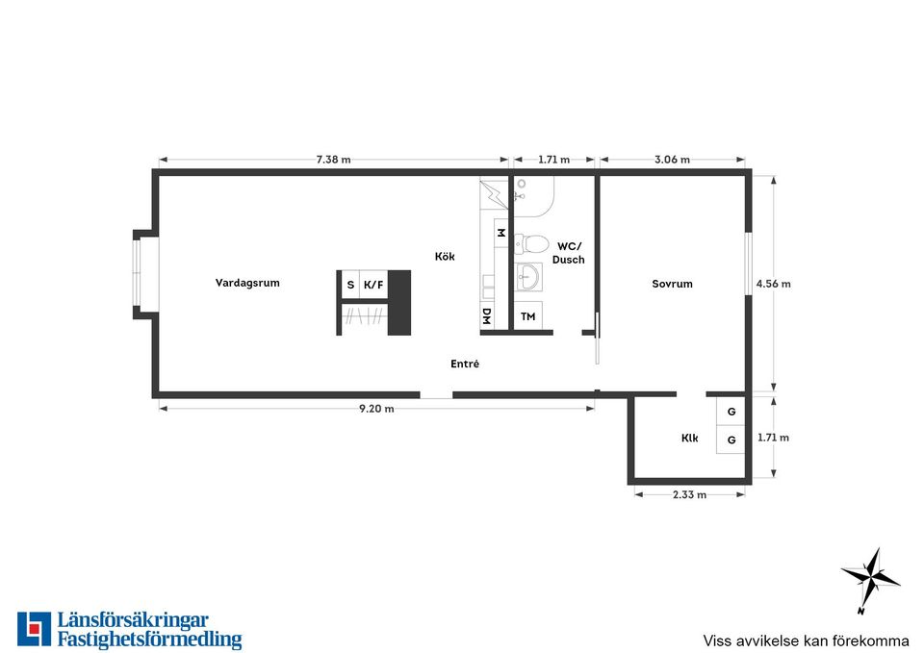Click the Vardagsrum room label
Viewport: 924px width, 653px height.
pyautogui.click(x=247, y=283)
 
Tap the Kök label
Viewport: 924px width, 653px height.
pyautogui.click(x=445, y=256)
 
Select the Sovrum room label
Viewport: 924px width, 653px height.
pyautogui.click(x=673, y=283)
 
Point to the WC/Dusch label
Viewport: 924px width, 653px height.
pyautogui.click(x=569, y=253)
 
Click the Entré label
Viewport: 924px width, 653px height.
pyautogui.click(x=465, y=364)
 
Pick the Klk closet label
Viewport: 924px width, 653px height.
pyautogui.click(x=689, y=438)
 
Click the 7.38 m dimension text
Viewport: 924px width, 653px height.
pyautogui.click(x=334, y=159)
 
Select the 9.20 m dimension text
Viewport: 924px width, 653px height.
pyautogui.click(x=376, y=408)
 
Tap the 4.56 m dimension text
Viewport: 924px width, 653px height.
pyautogui.click(x=774, y=283)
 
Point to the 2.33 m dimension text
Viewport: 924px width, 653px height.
pyautogui.click(x=689, y=494)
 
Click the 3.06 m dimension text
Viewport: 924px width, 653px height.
pyautogui.click(x=673, y=159)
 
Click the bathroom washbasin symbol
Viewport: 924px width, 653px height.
pyautogui.click(x=528, y=277)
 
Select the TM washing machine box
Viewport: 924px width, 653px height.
pyautogui.click(x=528, y=316)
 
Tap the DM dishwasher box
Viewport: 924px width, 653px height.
pyautogui.click(x=487, y=316)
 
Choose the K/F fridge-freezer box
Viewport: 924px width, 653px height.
pyautogui.click(x=373, y=285)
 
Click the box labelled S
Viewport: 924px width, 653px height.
pyautogui.click(x=350, y=285)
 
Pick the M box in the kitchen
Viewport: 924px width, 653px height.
pyautogui.click(x=500, y=233)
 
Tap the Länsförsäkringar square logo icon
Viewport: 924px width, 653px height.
pyautogui.click(x=35, y=629)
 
